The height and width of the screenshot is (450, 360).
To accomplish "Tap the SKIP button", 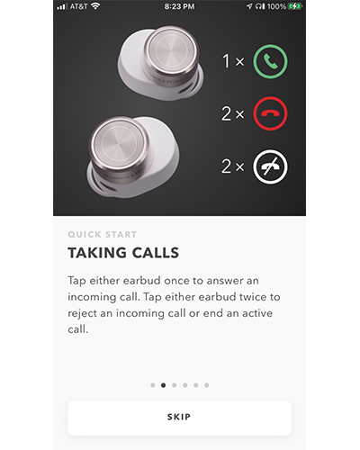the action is tap(179, 418).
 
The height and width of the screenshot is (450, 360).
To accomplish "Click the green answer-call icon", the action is tap(270, 61).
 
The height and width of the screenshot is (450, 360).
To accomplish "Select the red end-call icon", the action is tap(270, 113).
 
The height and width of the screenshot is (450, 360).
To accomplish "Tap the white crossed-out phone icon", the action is tap(270, 166).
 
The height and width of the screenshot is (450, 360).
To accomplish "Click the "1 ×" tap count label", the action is tap(233, 61).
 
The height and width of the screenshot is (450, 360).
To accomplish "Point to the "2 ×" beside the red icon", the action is tap(233, 113).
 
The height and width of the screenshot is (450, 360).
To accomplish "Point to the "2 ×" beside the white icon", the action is tap(233, 166).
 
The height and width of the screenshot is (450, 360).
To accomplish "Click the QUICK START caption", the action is tap(103, 234).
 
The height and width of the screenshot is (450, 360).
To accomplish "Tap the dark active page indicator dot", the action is tap(163, 385).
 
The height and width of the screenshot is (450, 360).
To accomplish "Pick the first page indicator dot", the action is tap(153, 385).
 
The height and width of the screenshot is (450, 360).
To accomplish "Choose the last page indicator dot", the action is tap(207, 385).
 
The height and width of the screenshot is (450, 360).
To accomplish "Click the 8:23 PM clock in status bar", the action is tap(179, 6).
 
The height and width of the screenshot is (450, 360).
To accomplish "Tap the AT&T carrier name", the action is tap(78, 6).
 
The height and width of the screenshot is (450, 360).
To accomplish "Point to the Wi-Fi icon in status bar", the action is tap(95, 6).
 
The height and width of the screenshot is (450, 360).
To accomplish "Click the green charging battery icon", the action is tap(294, 6).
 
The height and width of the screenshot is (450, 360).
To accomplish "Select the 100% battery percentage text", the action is tap(276, 6).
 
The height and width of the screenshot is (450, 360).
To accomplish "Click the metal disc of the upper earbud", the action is tap(170, 50).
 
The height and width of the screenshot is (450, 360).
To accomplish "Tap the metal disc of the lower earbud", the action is tap(120, 143).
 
